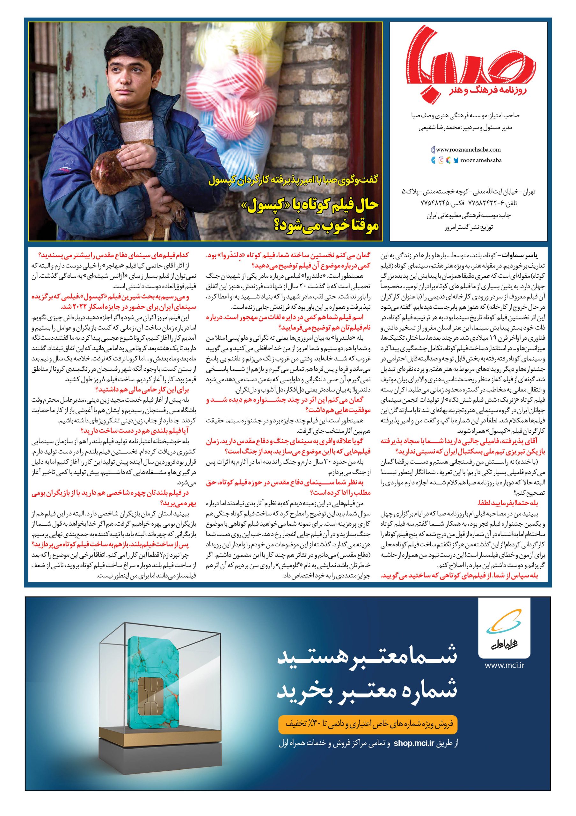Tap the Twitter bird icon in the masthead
coord(456,160)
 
